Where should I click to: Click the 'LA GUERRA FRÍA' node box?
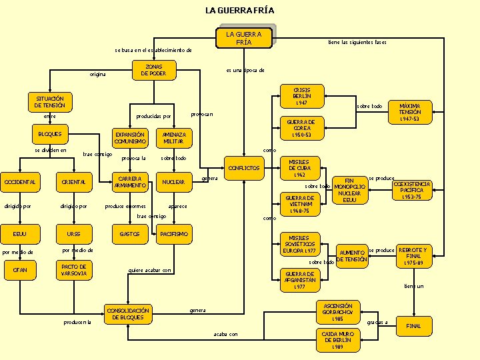[244, 37]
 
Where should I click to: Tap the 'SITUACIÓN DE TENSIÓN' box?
[50, 102]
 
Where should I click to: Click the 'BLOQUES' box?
[50, 134]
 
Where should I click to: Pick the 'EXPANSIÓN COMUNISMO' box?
[130, 137]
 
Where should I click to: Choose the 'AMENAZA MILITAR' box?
[173, 137]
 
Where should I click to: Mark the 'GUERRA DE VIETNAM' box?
[300, 204]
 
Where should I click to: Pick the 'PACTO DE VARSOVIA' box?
[73, 270]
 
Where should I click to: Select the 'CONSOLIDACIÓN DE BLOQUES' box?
[129, 313]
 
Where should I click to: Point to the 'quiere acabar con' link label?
[150, 270]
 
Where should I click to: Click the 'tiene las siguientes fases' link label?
[357, 42]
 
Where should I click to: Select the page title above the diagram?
[239, 10]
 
